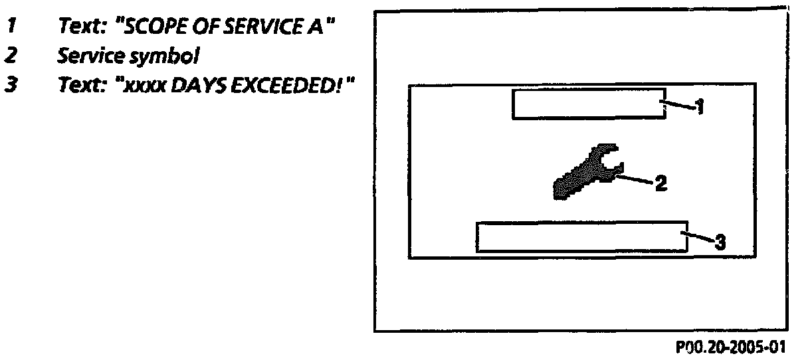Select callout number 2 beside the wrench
(x=660, y=183)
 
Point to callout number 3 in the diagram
(x=719, y=241)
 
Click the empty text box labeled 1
(x=589, y=104)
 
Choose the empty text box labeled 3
(x=582, y=236)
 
